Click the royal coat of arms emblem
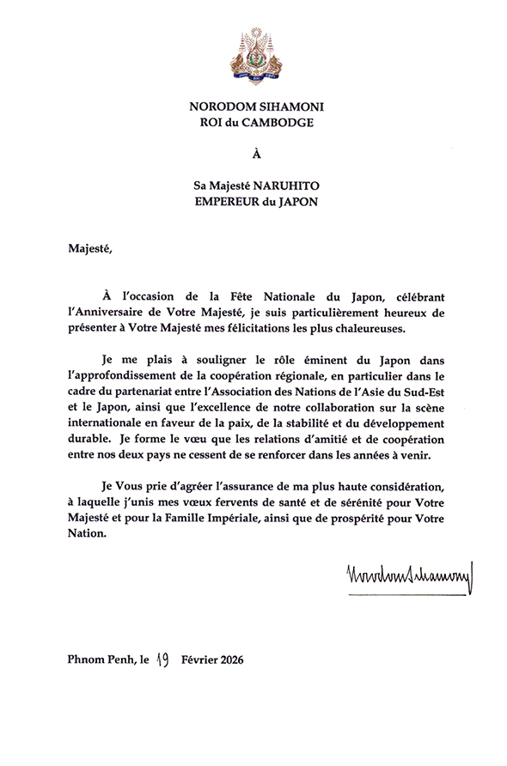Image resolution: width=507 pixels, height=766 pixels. (x=253, y=52)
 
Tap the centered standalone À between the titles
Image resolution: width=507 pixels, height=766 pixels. (x=253, y=156)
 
